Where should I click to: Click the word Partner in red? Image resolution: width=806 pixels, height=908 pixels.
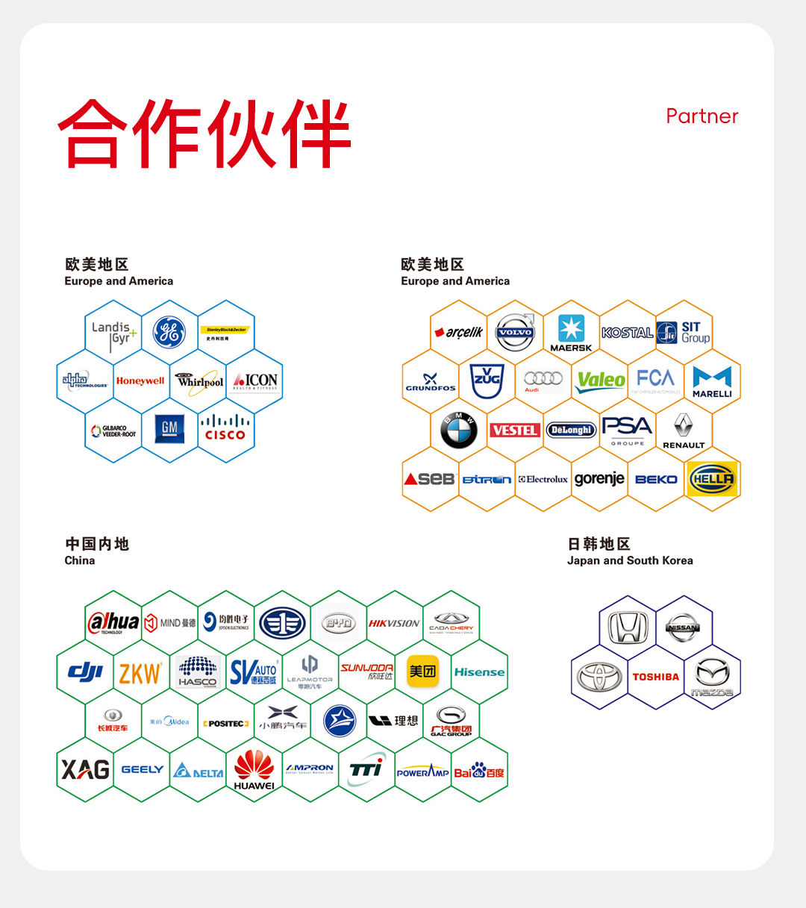(x=702, y=116)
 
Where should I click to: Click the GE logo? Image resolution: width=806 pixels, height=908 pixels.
(x=169, y=332)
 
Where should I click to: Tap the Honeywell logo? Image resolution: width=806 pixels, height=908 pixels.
(x=140, y=381)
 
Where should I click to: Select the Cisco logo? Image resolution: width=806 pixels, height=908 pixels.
(x=225, y=428)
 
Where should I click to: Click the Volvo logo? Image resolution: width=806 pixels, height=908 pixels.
(x=515, y=332)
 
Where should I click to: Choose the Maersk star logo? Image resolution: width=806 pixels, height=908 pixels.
(x=571, y=329)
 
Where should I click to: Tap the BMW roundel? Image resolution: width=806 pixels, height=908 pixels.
(x=459, y=430)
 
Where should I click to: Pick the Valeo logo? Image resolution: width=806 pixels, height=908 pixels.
(x=601, y=381)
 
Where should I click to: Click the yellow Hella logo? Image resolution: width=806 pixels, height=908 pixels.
(x=712, y=479)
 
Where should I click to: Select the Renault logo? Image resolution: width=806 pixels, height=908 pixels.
(x=684, y=430)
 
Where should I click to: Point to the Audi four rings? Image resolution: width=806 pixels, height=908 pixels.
(x=543, y=379)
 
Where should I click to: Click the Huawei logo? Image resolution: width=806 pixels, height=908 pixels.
(x=254, y=770)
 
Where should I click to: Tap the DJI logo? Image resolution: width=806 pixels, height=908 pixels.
(x=85, y=671)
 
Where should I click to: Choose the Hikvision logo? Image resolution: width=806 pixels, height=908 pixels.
(x=395, y=623)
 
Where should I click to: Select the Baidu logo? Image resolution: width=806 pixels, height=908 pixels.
(x=479, y=771)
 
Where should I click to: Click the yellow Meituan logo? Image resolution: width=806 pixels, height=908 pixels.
(x=422, y=671)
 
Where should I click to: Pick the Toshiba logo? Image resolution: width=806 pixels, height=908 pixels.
(x=655, y=677)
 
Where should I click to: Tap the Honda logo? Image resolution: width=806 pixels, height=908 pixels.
(x=628, y=627)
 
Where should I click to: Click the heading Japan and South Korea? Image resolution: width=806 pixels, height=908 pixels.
(x=630, y=560)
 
